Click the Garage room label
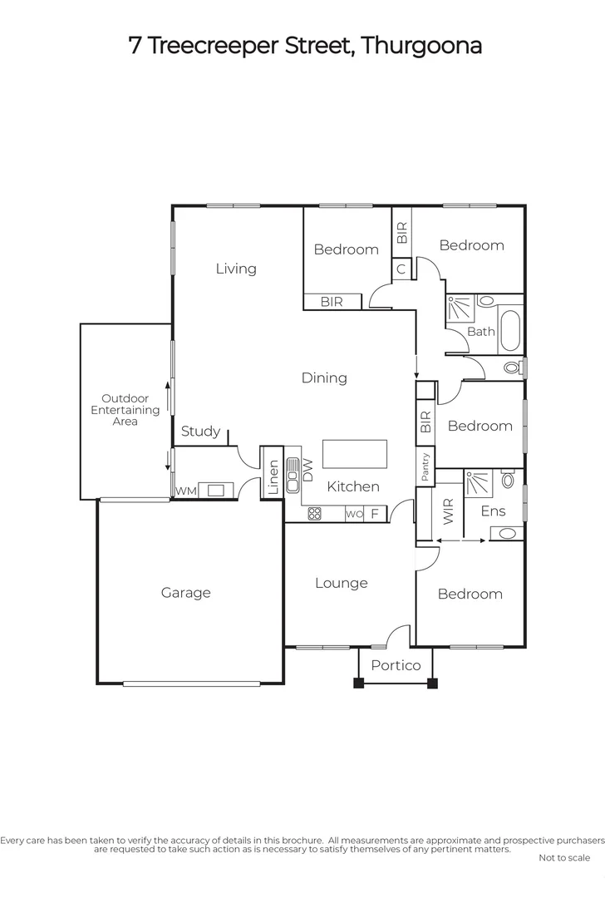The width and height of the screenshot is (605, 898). click(185, 593)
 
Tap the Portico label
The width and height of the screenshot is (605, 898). click(396, 665)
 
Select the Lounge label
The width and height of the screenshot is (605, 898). click(341, 583)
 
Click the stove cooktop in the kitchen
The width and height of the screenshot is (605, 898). click(315, 514)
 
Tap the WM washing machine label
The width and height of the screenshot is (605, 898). click(185, 491)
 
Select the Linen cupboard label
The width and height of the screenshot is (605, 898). click(273, 476)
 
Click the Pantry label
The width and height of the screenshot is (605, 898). click(425, 467)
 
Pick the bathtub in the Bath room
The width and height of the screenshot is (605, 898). click(509, 330)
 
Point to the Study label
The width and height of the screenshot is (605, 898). click(200, 431)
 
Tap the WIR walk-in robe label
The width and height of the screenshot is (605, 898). click(449, 511)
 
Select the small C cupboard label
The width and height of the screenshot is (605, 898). click(401, 269)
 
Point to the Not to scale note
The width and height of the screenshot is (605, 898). click(564, 857)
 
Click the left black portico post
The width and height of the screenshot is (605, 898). click(359, 683)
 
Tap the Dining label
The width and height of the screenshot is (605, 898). click(324, 377)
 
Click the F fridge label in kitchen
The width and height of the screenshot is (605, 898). click(375, 514)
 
